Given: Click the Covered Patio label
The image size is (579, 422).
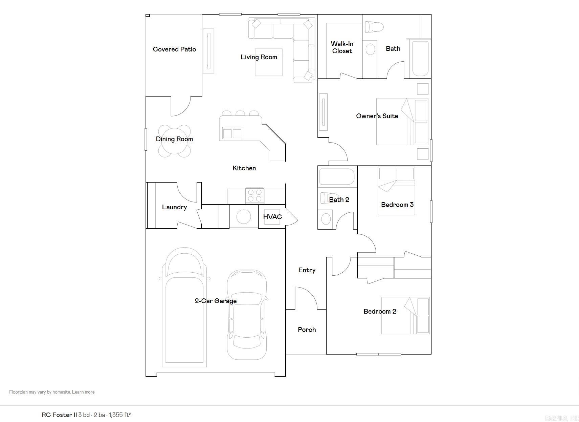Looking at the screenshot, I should (x=174, y=49).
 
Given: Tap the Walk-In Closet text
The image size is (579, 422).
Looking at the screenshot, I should (x=342, y=47).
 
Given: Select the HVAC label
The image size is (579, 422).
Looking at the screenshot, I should (x=272, y=217).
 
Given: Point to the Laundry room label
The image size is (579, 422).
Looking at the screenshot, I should (x=174, y=207).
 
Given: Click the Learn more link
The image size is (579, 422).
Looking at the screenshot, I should (x=83, y=392).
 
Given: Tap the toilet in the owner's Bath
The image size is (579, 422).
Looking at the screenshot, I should (x=374, y=27).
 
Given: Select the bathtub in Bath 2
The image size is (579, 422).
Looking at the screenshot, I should (x=336, y=176).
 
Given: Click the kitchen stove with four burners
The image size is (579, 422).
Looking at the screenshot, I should (x=255, y=195).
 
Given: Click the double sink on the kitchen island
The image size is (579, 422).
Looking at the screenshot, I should (x=232, y=133).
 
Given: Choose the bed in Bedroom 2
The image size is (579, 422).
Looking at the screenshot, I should (x=405, y=316).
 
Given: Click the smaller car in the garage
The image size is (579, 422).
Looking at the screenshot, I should (x=247, y=314).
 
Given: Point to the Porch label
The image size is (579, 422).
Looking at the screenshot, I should (x=307, y=330).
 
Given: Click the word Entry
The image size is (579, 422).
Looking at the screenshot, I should (x=307, y=270).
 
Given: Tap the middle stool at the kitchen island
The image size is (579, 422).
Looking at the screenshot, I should (x=240, y=113).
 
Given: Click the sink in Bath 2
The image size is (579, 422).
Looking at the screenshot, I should (x=326, y=218).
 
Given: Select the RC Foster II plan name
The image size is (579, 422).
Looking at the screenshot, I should (x=59, y=415).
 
